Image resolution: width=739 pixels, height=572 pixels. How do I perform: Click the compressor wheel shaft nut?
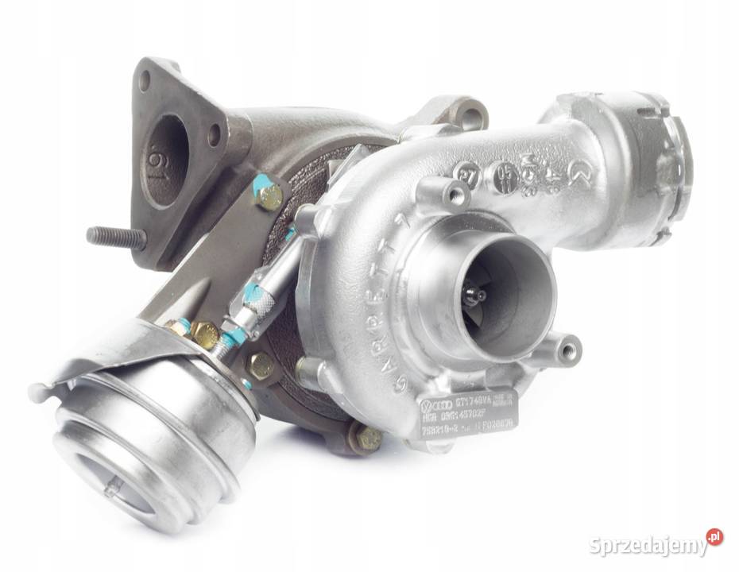click(x=478, y=295)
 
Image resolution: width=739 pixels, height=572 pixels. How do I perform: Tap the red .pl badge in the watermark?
click(x=715, y=537)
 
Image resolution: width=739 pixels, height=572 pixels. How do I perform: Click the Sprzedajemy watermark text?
click(x=648, y=546)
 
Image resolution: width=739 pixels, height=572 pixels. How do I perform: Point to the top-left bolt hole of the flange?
click(x=144, y=81)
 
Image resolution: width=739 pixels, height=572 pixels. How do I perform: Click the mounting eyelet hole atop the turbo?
click(x=470, y=118)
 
